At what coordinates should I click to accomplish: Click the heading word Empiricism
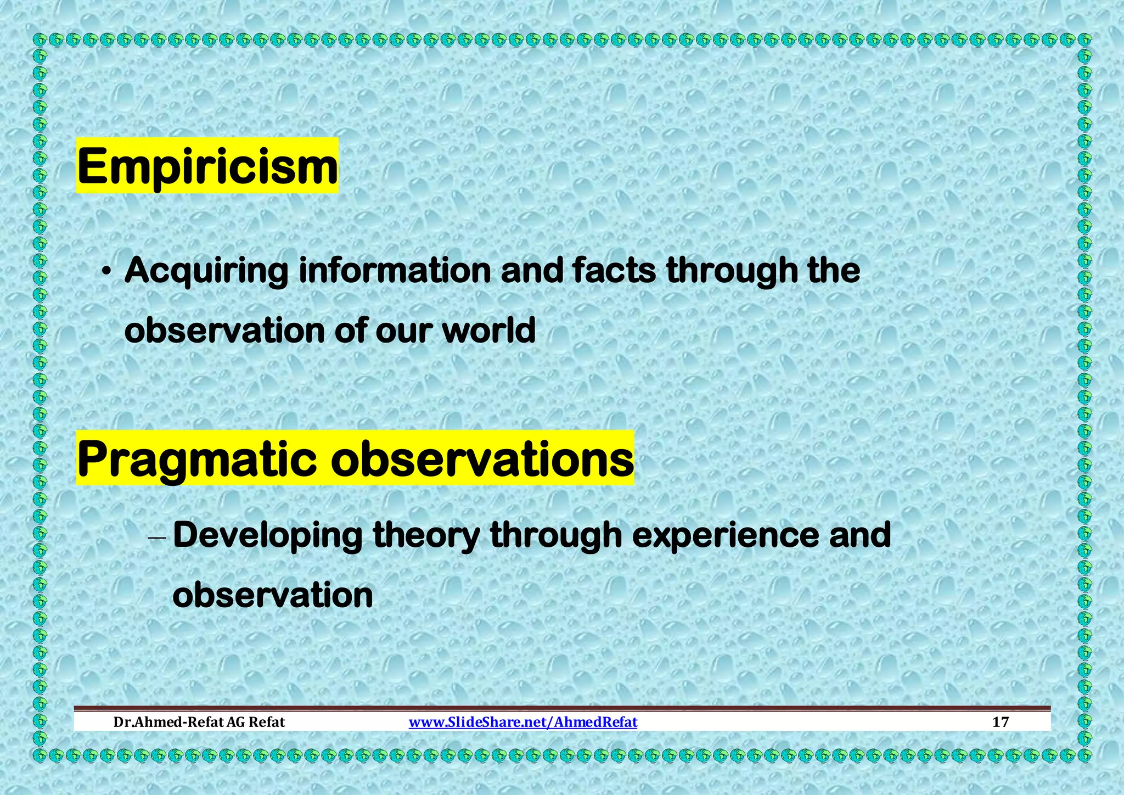coord(207,166)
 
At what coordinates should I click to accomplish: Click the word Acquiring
coord(206,271)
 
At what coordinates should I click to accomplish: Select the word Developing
coord(267,536)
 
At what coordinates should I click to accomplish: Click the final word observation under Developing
coord(273,596)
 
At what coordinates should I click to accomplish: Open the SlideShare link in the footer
coord(523,722)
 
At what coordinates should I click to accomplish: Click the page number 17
coord(1001,722)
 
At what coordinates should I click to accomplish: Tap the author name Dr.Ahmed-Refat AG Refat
coord(199,722)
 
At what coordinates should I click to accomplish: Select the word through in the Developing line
coord(555,536)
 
